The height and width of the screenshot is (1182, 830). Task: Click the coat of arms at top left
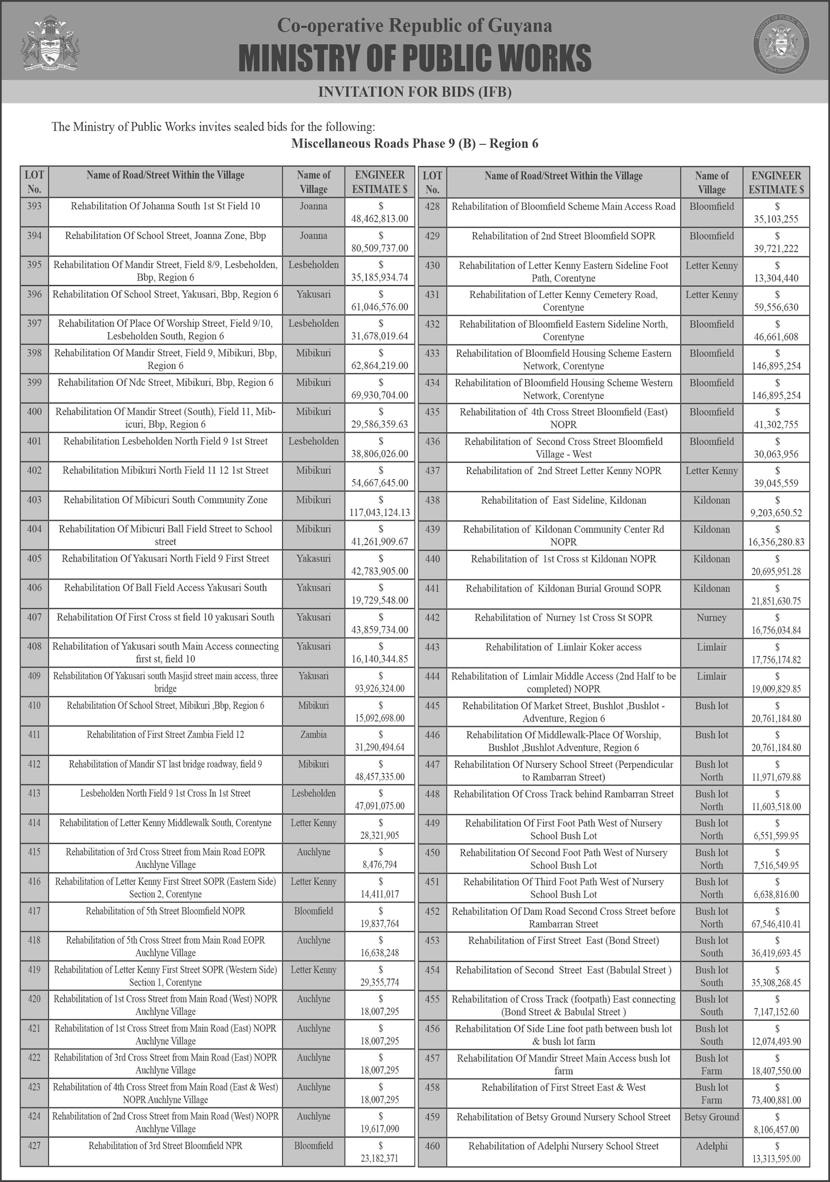coord(51,44)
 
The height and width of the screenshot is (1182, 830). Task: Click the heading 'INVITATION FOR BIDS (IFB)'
coord(415,92)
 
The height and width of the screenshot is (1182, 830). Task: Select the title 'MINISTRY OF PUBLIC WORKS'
coord(415,58)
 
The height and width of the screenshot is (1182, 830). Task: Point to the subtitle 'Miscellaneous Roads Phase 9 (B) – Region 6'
coord(415,144)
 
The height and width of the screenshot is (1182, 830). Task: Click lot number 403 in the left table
coord(34,500)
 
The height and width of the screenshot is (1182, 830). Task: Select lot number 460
coord(432,1146)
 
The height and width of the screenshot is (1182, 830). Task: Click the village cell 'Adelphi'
coord(712,1146)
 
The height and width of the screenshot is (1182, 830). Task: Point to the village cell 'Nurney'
coord(712,617)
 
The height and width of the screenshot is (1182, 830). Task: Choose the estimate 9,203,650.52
coord(777,513)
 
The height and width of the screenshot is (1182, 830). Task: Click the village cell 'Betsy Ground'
coord(712,1117)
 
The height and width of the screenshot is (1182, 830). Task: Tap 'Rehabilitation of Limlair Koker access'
coord(563,647)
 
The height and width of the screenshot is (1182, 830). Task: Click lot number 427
coord(34,1145)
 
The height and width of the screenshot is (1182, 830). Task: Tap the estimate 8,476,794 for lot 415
coord(380,864)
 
